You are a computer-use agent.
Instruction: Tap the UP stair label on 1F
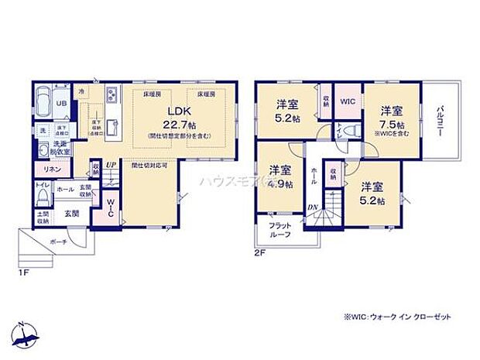tap(111, 164)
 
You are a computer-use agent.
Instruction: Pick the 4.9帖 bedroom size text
tap(280, 184)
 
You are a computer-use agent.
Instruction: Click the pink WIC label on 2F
tap(348, 101)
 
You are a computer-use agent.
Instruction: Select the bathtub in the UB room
tap(42, 101)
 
